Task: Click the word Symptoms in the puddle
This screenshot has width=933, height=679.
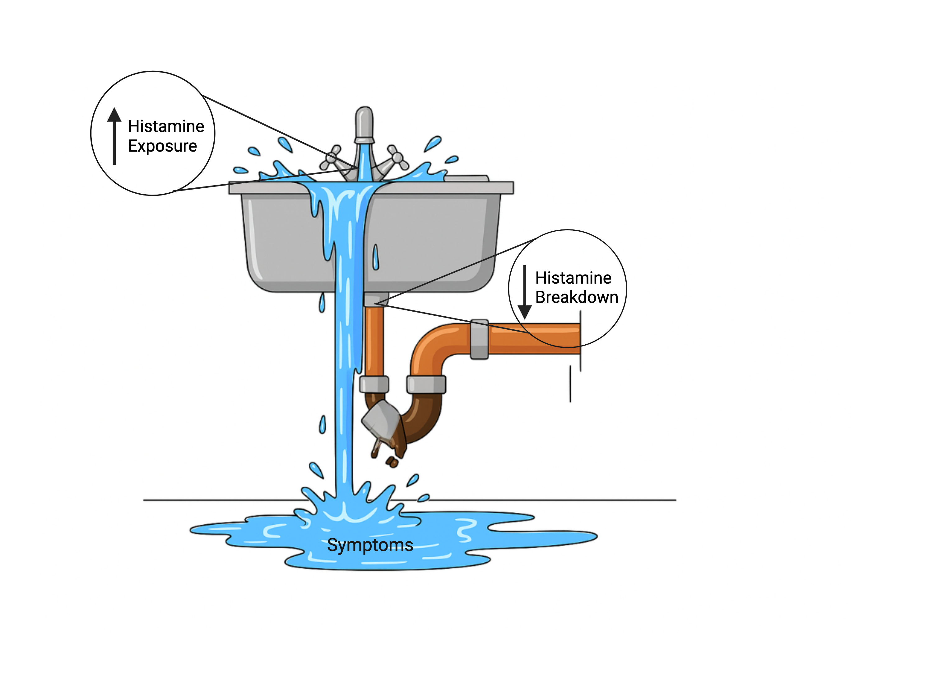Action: [x=370, y=545]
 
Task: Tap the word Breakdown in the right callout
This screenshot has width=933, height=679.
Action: [x=577, y=297]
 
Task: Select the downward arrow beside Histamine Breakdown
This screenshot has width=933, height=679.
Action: [x=525, y=292]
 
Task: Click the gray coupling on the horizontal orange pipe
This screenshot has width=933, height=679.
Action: [x=479, y=339]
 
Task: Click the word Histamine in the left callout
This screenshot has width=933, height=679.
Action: [x=166, y=126]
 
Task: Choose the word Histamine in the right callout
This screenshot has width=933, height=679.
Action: [x=573, y=278]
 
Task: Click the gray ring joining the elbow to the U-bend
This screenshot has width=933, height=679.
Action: [x=426, y=384]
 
